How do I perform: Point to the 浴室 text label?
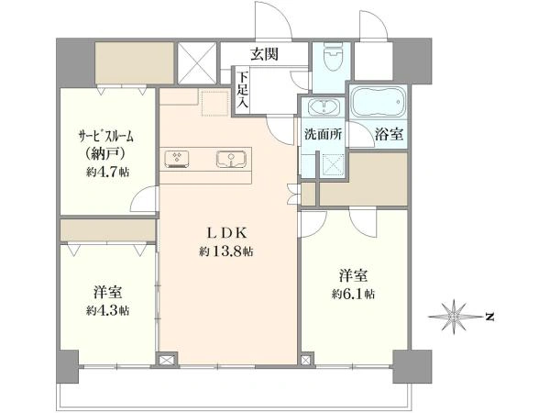388,133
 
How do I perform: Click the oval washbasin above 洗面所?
322,107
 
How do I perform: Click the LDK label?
229,232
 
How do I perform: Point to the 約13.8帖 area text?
229,251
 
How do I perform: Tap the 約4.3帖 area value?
108,310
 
